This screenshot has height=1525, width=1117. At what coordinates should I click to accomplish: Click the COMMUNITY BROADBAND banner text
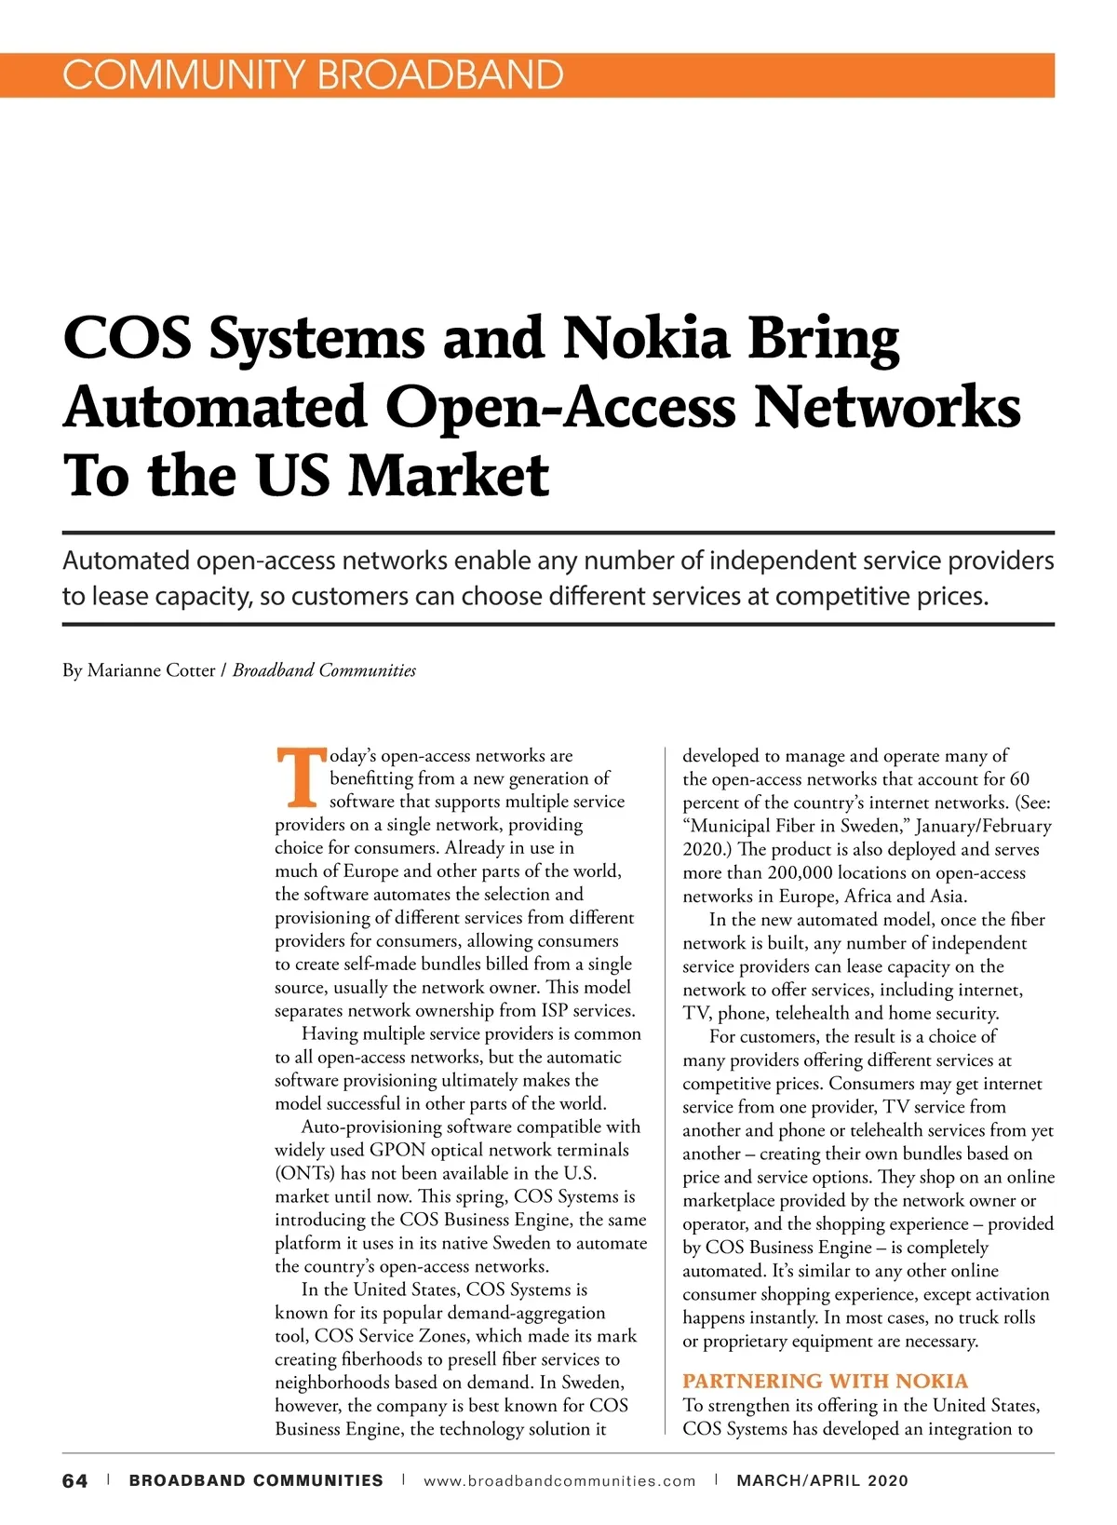pos(313,74)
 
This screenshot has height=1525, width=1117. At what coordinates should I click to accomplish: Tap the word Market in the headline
pos(449,475)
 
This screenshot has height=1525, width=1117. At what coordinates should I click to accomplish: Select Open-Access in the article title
pos(561,407)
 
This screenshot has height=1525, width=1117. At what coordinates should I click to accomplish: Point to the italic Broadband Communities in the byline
pos(324,670)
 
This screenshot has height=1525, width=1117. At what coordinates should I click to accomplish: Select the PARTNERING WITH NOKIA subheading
pos(825,1381)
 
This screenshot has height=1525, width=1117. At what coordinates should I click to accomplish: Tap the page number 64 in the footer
pos(75,1480)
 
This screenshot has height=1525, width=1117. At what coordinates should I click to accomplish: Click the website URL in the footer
pos(559,1480)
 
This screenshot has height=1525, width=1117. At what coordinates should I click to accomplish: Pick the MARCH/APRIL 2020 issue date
pos(822,1480)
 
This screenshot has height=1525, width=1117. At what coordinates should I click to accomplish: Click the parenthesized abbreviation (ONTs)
pos(305,1173)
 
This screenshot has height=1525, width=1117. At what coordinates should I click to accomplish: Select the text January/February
pos(983,826)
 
